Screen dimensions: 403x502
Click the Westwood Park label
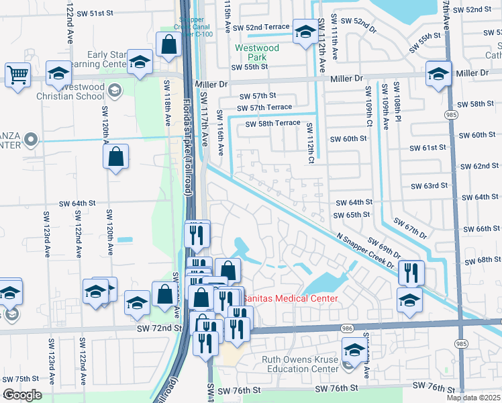point(257,52)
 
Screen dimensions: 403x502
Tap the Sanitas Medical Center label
point(290,298)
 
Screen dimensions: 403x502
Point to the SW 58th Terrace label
point(272,124)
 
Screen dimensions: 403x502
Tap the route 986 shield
point(346,328)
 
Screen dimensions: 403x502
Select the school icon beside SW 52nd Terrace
point(305,32)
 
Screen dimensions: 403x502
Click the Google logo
point(22,395)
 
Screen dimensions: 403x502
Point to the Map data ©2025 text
point(474,398)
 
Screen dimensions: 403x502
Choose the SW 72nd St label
point(159,328)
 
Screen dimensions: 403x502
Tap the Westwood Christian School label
point(81,91)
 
